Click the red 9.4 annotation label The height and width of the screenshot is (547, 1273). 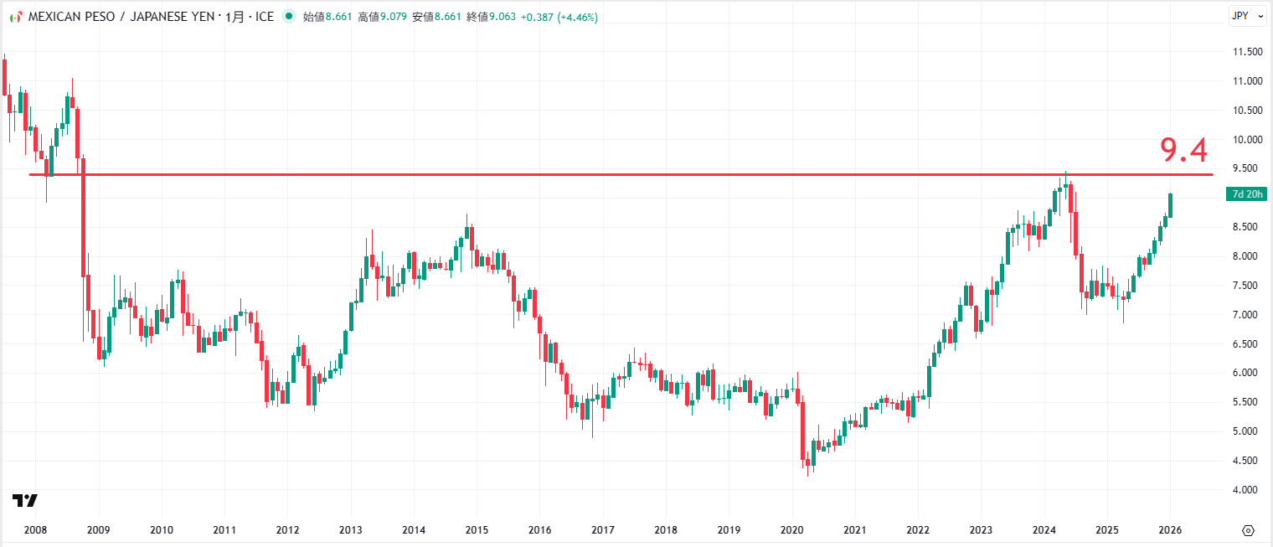click(1183, 151)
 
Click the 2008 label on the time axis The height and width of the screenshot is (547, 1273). click(35, 530)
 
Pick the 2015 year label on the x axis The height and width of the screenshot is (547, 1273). click(477, 530)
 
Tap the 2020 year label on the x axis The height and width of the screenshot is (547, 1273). click(791, 530)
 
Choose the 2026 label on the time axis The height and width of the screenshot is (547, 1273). click(1170, 530)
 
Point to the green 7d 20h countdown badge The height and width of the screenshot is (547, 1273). click(1247, 194)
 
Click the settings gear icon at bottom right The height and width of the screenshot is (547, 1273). click(1248, 530)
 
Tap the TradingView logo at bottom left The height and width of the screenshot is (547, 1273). click(25, 501)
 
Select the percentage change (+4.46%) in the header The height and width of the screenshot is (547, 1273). click(572, 17)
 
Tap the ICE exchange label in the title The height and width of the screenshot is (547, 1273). click(264, 17)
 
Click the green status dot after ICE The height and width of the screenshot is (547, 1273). click(289, 16)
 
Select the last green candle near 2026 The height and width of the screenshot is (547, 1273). click(1170, 205)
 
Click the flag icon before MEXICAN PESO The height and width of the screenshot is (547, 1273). click(15, 17)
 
